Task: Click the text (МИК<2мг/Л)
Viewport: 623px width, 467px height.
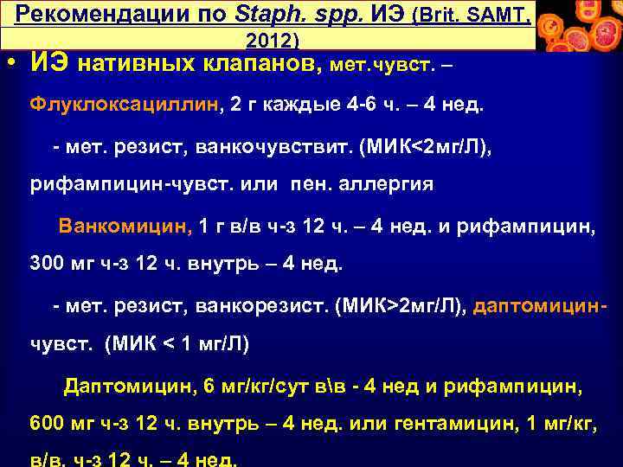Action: pos(418,148)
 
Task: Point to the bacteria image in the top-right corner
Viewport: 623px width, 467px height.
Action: pos(579,25)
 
